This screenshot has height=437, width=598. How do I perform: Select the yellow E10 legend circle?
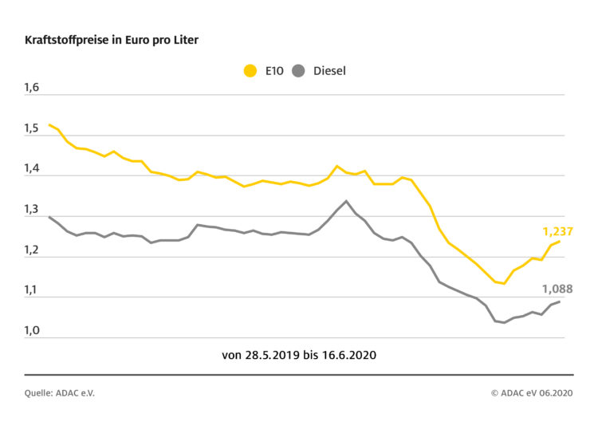250,71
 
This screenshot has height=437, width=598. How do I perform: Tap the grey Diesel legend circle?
298,71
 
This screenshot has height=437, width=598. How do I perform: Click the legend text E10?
273,71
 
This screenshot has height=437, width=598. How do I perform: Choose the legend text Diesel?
329,71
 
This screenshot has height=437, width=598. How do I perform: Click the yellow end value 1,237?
557,231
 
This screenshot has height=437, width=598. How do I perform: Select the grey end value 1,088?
557,289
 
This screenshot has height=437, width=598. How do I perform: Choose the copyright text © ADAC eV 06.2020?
531,393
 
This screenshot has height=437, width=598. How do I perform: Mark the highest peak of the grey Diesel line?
346,201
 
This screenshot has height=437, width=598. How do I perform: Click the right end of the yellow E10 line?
560,241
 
